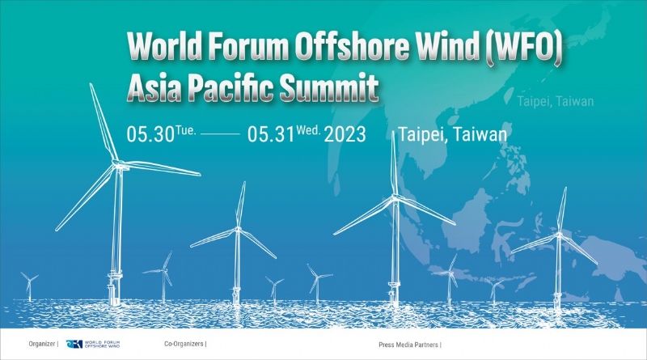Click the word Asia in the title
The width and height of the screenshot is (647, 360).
pos(155,87)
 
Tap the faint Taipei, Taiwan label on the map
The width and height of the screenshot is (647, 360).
pos(555,102)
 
